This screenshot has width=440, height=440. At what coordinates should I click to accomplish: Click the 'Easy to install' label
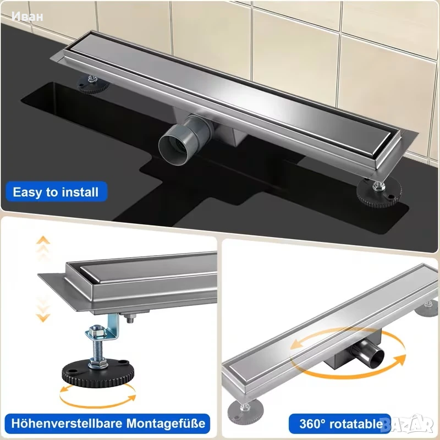pyautogui.click(x=56, y=192)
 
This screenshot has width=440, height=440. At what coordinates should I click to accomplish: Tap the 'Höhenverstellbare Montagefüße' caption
pyautogui.click(x=108, y=424)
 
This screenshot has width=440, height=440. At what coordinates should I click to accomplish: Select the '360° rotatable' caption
pyautogui.click(x=340, y=424)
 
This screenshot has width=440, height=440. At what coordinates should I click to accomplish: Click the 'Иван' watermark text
pyautogui.click(x=28, y=16)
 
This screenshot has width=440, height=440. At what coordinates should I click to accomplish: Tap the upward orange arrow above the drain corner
pyautogui.click(x=43, y=240)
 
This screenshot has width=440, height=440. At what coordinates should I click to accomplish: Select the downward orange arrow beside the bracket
pyautogui.click(x=43, y=318)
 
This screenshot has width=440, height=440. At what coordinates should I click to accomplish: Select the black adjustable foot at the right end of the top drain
pyautogui.click(x=379, y=194)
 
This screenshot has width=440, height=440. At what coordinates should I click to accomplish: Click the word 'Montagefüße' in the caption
pyautogui.click(x=166, y=424)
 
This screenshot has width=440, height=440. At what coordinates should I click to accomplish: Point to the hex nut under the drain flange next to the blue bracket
pyautogui.click(x=130, y=318)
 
